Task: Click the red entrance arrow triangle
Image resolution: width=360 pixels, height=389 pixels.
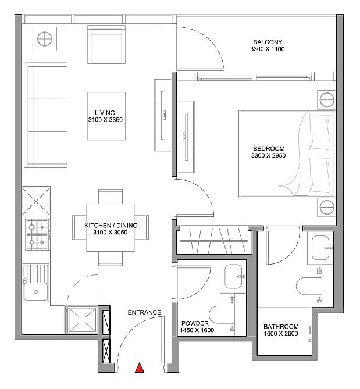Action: point(140,367)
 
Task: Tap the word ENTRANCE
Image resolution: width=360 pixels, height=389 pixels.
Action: point(144,312)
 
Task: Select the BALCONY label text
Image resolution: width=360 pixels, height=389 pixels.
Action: point(268,42)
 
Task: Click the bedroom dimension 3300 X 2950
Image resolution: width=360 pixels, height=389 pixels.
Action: point(269,156)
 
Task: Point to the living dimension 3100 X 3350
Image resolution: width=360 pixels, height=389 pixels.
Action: point(105,120)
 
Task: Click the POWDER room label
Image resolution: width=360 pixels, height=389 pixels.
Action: point(195,323)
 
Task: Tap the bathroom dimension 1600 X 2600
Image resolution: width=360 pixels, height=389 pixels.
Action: point(281,333)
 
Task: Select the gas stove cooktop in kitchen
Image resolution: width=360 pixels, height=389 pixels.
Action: point(37,235)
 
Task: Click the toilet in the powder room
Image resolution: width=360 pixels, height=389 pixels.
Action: point(222,315)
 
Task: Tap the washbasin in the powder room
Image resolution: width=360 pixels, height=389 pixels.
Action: point(233,277)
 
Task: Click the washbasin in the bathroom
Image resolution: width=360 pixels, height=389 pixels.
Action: point(320,248)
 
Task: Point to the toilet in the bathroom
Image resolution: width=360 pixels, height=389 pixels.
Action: point(309,286)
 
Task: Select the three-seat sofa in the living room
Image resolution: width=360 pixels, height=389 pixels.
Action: point(46,115)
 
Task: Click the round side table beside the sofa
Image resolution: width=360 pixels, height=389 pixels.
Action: point(45,39)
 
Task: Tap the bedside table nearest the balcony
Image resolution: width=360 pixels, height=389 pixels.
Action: point(327,100)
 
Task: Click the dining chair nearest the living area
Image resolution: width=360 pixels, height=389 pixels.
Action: point(111,197)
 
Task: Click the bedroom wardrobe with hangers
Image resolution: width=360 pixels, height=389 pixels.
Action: point(213,240)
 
